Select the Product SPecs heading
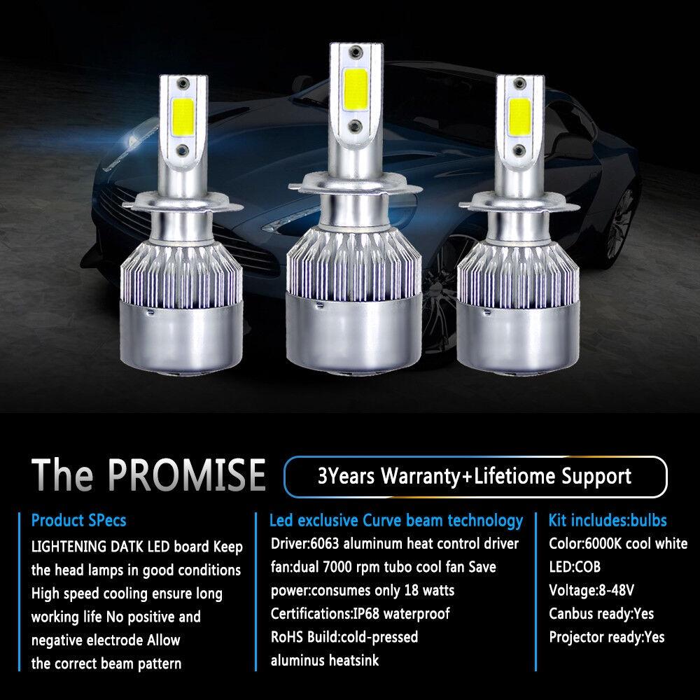click(x=79, y=521)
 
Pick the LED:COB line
click(x=575, y=567)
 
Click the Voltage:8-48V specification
click(x=586, y=590)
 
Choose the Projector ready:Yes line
click(x=607, y=637)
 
